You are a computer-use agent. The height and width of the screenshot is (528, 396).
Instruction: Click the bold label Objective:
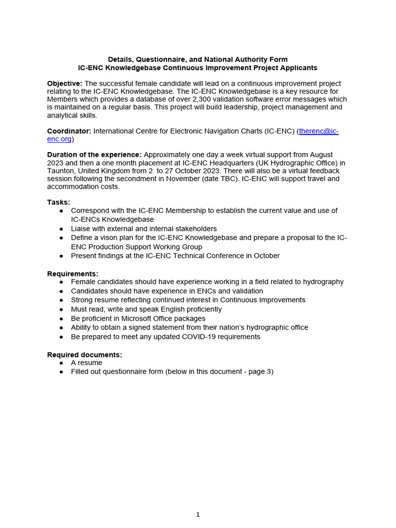64,84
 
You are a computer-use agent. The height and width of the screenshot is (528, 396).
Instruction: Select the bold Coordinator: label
69,131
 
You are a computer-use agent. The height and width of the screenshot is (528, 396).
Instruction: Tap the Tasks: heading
59,202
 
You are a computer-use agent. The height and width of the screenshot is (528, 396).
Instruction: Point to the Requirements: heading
73,274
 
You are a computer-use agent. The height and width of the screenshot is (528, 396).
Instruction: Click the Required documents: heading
85,355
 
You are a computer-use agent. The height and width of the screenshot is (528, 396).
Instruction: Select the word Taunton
61,171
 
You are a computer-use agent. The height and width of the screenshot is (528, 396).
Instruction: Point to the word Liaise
81,228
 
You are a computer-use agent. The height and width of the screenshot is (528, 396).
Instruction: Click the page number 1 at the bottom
198,514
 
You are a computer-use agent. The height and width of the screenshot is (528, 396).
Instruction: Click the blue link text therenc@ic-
319,131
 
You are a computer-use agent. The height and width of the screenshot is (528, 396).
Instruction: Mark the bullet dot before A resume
61,363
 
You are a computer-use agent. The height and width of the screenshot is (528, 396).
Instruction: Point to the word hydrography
320,282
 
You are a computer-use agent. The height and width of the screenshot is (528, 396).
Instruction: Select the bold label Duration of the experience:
94,155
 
